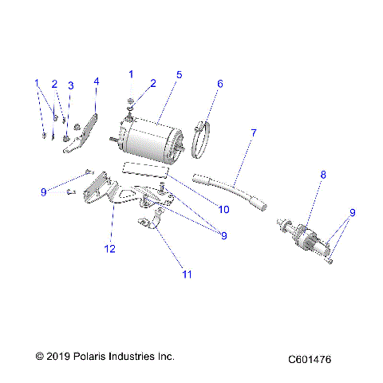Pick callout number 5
coord(180,74)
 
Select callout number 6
coord(220,82)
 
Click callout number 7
coord(254,132)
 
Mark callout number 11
coord(188,274)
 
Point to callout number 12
coord(110,249)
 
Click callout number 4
coord(97,81)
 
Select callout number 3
coord(70,85)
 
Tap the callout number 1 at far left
coord(36,83)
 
